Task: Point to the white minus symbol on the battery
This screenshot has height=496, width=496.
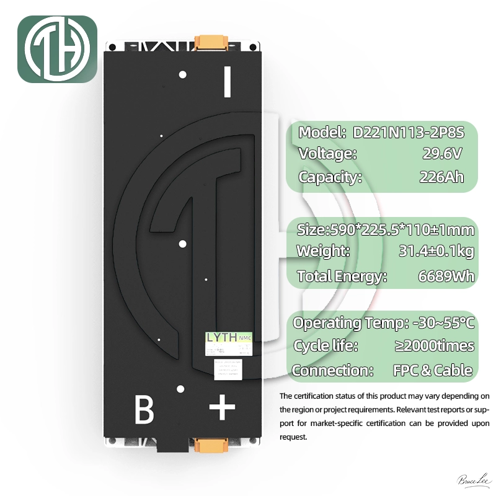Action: [227, 82]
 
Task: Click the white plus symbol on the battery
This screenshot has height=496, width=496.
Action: [222, 409]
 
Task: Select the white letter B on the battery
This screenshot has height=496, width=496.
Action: [144, 410]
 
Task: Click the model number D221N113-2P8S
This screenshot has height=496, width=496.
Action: [408, 133]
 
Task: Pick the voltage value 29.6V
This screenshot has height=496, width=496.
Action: [441, 154]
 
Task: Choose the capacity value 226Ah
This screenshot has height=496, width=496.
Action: [441, 177]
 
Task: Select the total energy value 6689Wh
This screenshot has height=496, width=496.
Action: [446, 277]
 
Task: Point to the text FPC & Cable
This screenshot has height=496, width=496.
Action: [433, 371]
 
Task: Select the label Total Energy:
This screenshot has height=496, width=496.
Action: [342, 277]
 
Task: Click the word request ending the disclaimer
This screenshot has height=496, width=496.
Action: [293, 437]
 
